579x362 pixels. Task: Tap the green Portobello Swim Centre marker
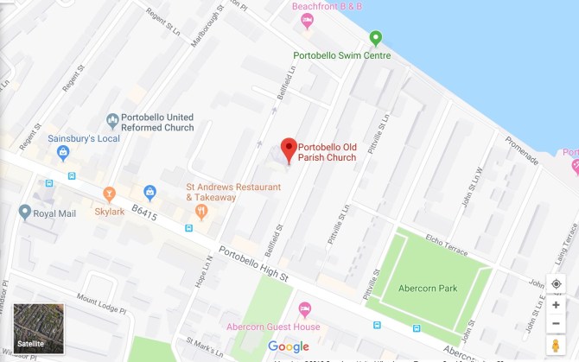(375, 38)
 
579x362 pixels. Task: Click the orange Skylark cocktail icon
(109, 194)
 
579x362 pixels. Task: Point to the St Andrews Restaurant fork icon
(200, 210)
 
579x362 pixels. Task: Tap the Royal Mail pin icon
(24, 211)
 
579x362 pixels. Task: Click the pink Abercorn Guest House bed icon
(304, 309)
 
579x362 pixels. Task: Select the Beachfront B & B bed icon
(307, 21)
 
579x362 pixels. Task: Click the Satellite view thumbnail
(39, 328)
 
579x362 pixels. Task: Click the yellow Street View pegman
(555, 345)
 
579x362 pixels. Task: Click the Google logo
(289, 346)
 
